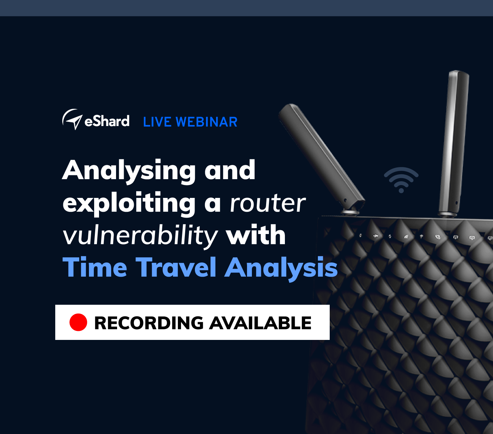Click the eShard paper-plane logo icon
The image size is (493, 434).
point(72,119)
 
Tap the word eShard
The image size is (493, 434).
point(107,121)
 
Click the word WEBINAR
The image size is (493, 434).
point(206,122)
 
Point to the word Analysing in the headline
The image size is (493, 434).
point(129,172)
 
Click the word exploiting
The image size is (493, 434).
point(129,204)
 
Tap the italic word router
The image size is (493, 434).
point(268,204)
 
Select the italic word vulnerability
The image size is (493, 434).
point(140,236)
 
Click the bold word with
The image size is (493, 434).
point(256,234)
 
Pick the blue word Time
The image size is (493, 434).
point(95,267)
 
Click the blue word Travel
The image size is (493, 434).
point(176,267)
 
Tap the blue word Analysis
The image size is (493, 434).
point(281,269)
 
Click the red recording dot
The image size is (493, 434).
point(79,323)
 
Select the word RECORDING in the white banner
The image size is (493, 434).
point(149,323)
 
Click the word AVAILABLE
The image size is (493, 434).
point(260,323)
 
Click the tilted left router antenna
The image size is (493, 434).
point(321,156)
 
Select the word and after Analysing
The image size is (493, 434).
point(230,170)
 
